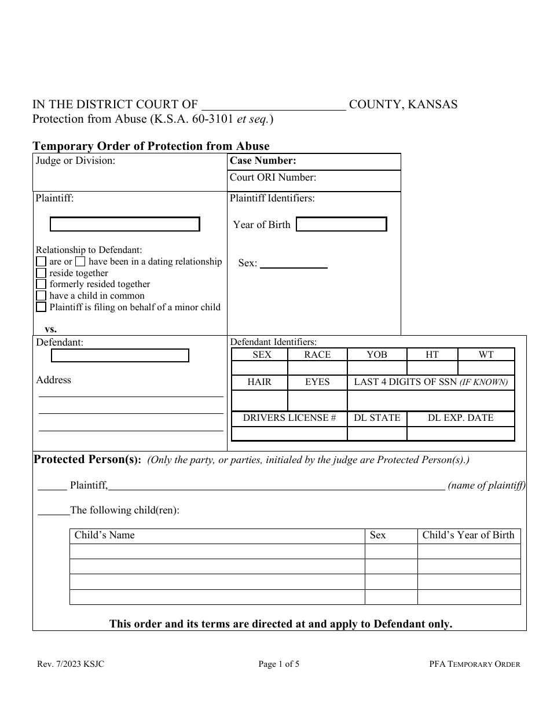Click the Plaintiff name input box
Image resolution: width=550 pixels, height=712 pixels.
point(124,224)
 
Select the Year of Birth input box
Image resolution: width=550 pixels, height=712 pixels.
point(341,224)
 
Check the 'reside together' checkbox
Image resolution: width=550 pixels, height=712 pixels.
point(41,273)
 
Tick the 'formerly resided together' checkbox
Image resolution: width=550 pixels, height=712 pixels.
point(41,284)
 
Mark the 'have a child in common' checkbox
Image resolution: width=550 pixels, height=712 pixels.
point(41,296)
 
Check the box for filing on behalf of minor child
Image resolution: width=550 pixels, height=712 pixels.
point(41,307)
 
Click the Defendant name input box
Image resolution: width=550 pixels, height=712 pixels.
point(120,355)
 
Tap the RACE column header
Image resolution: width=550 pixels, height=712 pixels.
point(317,355)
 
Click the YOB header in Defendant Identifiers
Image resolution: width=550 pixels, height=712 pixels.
point(377,355)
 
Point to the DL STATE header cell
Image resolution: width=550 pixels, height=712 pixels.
point(377,418)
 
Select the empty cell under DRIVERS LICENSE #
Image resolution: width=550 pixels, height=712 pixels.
point(289,434)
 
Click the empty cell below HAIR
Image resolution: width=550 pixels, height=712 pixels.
point(259,401)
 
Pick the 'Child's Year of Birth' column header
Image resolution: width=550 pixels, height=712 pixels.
point(468,535)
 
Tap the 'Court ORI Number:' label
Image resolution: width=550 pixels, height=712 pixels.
point(273,178)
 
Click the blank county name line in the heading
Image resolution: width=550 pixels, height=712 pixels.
point(273,106)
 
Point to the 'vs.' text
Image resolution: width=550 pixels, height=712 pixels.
point(51,329)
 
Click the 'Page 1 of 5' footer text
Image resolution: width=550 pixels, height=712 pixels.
point(278,665)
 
